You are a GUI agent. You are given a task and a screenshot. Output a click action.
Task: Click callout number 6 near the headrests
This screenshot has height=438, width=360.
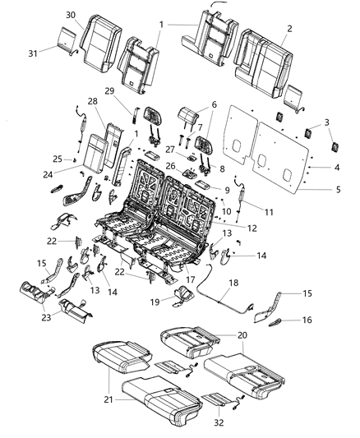(215, 104)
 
